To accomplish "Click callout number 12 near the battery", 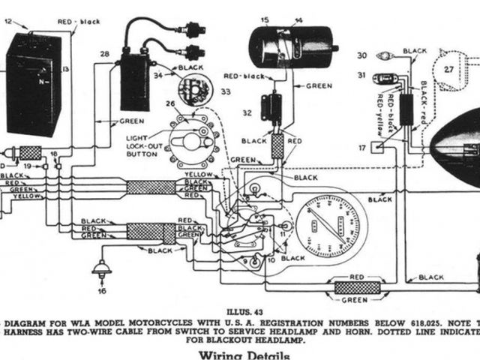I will click(8, 23).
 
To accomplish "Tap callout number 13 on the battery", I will click(65, 69).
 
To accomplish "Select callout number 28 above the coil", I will click(104, 54).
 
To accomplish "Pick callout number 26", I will click(170, 103).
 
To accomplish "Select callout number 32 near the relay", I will click(247, 114).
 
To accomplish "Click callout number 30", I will click(361, 55).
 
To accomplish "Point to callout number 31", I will click(361, 75).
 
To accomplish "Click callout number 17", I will click(362, 148).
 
